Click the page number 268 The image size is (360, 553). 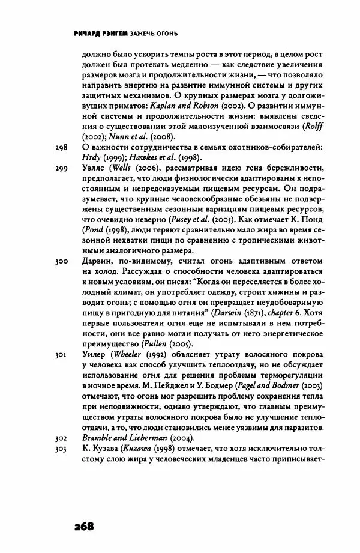(x=85, y=527)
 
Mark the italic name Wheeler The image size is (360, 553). (x=125, y=355)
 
